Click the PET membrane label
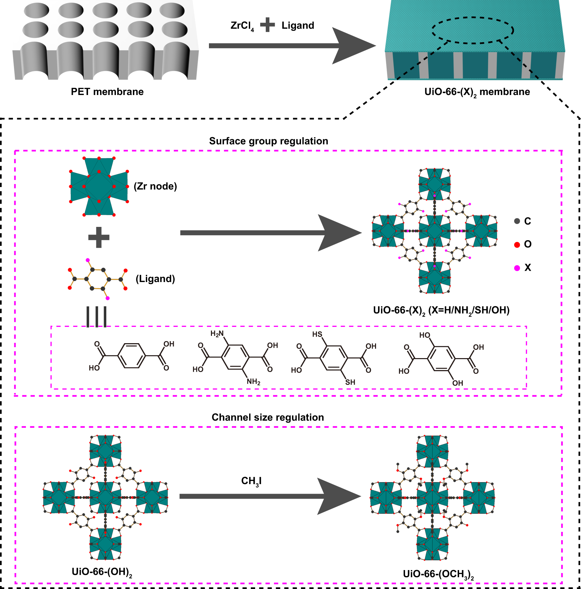[107, 92]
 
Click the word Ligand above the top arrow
[298, 26]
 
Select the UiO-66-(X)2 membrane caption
[477, 92]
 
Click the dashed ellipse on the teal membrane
[473, 18]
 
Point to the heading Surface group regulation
[268, 141]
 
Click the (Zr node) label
[155, 186]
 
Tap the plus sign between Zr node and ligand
[99, 237]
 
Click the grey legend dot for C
[517, 221]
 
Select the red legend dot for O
[517, 245]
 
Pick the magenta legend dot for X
[517, 268]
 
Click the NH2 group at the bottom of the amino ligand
[253, 381]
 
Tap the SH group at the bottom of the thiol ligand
[350, 382]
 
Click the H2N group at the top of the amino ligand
[217, 334]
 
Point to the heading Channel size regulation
[268, 417]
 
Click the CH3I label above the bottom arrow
[251, 481]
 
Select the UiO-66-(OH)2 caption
[102, 572]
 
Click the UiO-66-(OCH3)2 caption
[438, 574]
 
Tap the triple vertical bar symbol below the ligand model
[96, 317]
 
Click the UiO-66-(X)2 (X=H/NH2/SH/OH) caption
[441, 310]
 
